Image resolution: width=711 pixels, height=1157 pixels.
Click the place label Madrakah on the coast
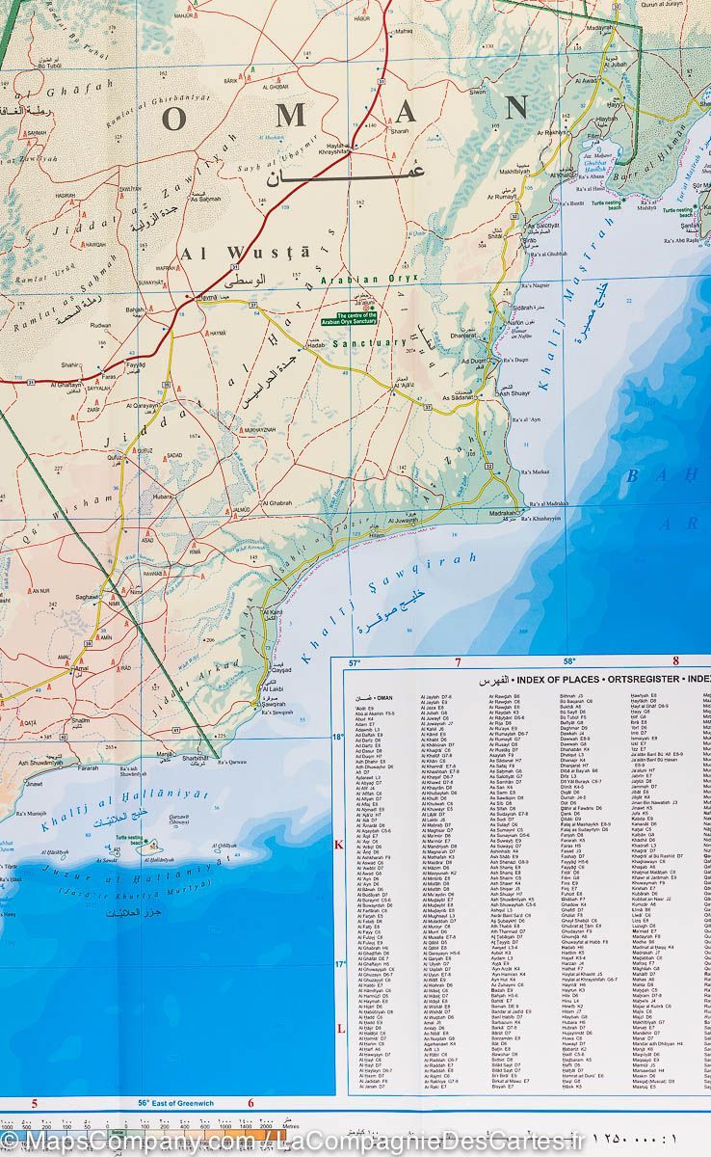point(502,513)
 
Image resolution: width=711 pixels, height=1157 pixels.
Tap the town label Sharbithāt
point(196,758)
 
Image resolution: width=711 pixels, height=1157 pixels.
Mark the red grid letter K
point(338,846)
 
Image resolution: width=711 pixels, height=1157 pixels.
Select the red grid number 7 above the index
point(458,662)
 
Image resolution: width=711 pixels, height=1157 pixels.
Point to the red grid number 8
point(675,661)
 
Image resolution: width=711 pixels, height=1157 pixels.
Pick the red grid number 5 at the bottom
point(34,1103)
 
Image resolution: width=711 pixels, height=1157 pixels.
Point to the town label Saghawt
point(89,598)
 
